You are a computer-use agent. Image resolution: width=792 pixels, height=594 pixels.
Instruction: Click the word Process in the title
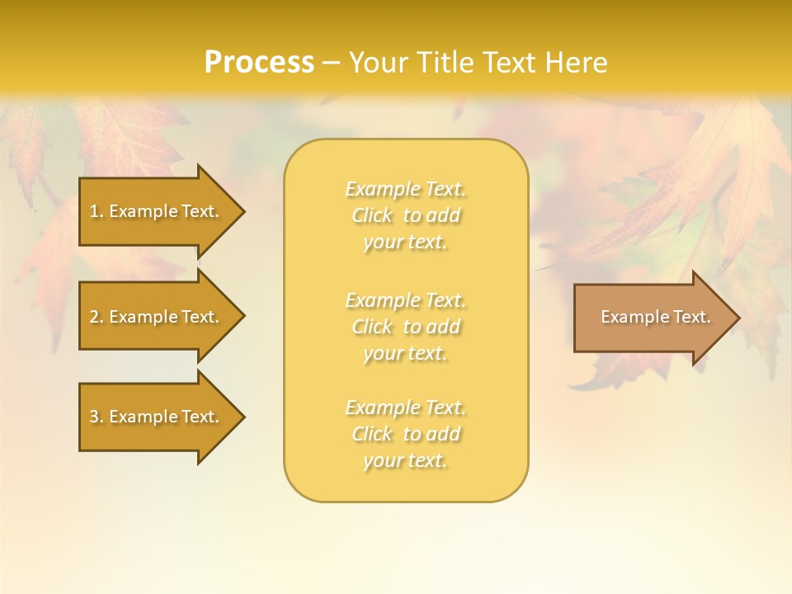click(x=259, y=63)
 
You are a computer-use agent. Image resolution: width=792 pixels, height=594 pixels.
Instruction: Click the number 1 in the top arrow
click(x=94, y=211)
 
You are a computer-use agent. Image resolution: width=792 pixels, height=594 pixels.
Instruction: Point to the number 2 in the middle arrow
click(x=94, y=317)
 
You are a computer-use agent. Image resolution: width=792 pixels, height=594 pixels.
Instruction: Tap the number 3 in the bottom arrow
click(x=94, y=417)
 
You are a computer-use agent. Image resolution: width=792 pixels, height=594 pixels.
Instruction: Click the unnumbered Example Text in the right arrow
click(x=655, y=317)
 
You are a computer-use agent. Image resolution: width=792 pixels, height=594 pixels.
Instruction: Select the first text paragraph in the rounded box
click(x=405, y=215)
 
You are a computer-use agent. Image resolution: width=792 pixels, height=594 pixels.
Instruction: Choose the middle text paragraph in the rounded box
click(x=405, y=327)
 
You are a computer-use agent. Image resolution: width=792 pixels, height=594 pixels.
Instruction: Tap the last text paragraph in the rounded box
click(x=405, y=434)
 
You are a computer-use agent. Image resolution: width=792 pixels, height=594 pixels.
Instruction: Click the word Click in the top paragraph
click(x=372, y=216)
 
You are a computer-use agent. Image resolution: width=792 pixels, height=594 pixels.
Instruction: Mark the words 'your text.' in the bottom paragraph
click(x=405, y=461)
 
